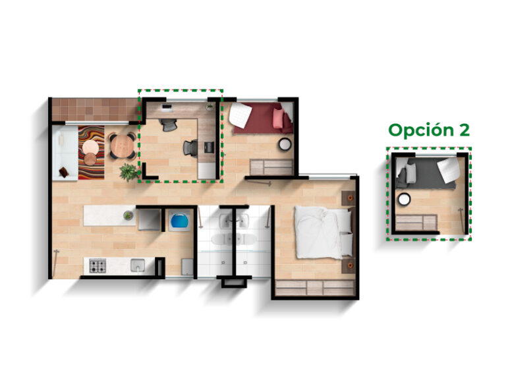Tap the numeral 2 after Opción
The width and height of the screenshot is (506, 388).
[464, 130]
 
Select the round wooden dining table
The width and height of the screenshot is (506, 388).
[123, 146]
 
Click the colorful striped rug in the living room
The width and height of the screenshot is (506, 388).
[92, 153]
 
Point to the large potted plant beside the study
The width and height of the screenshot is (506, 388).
[128, 172]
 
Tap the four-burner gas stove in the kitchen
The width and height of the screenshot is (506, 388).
[98, 266]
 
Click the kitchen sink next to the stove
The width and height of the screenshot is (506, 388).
[138, 265]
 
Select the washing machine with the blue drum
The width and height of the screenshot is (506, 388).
[179, 221]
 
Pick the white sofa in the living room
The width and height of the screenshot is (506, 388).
[65, 153]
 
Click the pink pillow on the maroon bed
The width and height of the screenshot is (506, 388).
[278, 119]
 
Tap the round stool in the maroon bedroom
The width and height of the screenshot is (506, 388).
[285, 144]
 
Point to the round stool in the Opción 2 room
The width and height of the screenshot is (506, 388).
[404, 200]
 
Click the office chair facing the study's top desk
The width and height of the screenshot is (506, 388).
[169, 125]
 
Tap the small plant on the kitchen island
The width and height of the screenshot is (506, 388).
[128, 215]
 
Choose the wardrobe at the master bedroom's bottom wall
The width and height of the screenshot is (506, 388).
[315, 288]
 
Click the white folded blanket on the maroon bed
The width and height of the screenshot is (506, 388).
[240, 115]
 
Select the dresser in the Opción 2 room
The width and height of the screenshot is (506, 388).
[416, 223]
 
